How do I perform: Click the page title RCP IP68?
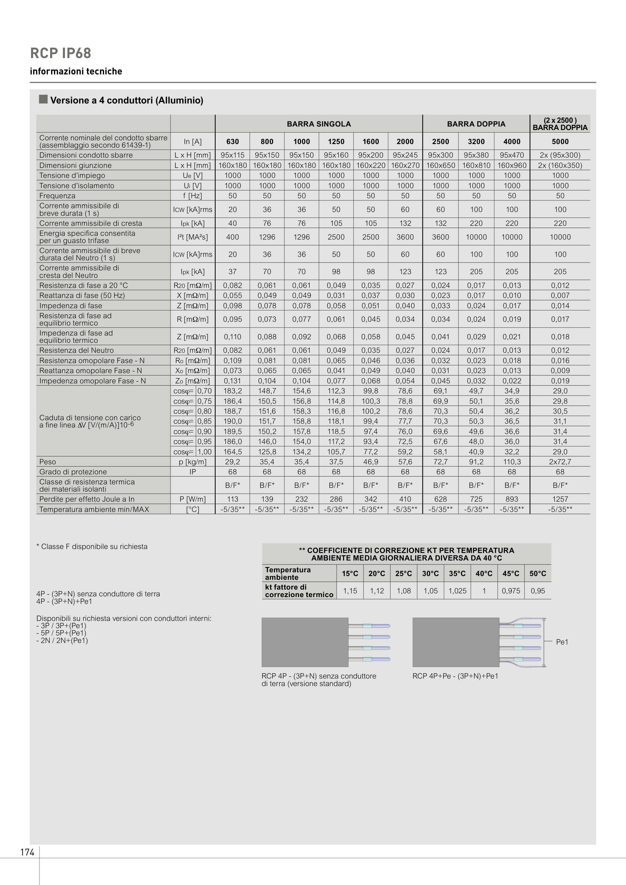point(61,53)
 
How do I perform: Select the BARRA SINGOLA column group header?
point(319,124)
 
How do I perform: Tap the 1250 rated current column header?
point(336,142)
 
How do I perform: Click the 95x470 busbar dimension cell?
point(512,155)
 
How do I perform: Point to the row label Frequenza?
point(57,196)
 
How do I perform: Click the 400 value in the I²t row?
point(233,237)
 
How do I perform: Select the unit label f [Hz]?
point(193,196)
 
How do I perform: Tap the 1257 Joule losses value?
point(560,499)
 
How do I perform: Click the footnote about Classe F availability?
point(92,546)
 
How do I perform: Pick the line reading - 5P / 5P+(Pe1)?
point(61,633)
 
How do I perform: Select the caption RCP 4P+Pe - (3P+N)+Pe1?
point(455,676)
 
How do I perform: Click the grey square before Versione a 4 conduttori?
point(43,99)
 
